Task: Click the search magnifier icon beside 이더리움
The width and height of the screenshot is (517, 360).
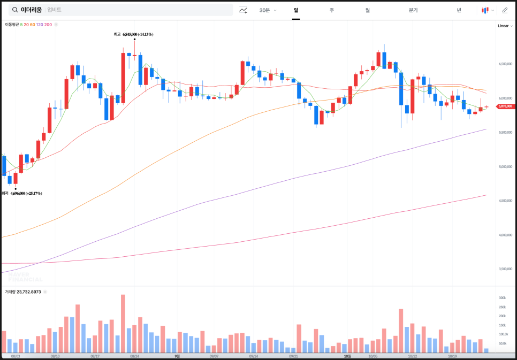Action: click(15, 10)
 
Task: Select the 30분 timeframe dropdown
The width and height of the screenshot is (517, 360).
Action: click(267, 10)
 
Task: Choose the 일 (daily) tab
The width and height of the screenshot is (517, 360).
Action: click(296, 10)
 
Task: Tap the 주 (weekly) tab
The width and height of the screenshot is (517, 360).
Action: click(332, 10)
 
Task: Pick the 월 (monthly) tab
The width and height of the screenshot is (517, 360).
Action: click(368, 10)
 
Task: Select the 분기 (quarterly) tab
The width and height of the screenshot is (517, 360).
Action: click(413, 10)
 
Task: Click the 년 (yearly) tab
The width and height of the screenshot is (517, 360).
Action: click(459, 10)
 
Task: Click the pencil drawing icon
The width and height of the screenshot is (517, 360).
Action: click(505, 10)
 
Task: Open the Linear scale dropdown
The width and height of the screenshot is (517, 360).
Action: click(505, 26)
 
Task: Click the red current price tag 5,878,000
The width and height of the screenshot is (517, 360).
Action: click(505, 106)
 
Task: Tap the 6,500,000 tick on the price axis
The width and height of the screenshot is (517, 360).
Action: click(506, 64)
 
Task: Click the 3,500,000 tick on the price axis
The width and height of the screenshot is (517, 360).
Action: click(506, 269)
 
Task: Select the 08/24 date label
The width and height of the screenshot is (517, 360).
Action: click(135, 356)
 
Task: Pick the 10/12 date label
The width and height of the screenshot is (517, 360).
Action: click(413, 356)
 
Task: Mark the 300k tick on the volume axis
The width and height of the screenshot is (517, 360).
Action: click(503, 297)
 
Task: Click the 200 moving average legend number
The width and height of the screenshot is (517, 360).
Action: click(49, 25)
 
